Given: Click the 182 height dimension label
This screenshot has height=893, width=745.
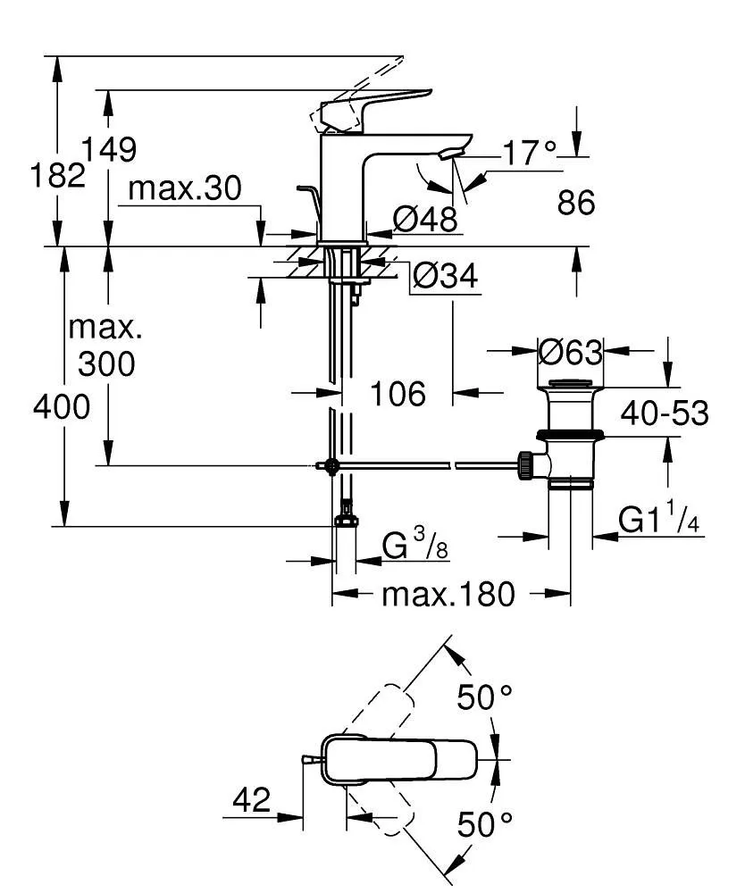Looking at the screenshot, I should click(x=58, y=175).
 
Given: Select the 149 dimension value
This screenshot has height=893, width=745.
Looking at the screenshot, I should click(x=109, y=149).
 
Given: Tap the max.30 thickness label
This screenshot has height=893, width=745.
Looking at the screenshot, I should click(x=185, y=188).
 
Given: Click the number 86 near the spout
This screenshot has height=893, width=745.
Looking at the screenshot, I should click(x=576, y=203).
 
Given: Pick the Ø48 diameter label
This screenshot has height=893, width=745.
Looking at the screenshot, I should click(x=424, y=218).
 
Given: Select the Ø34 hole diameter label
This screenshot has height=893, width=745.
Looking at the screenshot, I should click(x=445, y=278).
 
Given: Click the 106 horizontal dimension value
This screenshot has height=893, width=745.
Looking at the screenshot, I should click(x=398, y=393).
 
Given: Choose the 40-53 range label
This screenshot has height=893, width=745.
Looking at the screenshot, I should click(x=665, y=413).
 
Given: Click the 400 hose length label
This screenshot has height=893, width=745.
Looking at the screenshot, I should click(x=62, y=407).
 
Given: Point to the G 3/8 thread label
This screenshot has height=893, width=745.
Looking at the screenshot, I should click(x=414, y=546).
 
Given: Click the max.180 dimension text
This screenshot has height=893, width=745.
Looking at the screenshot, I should click(x=448, y=593).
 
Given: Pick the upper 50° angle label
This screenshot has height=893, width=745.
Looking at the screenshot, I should click(x=486, y=697).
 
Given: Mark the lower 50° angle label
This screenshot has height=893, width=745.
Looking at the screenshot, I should click(x=486, y=823).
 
